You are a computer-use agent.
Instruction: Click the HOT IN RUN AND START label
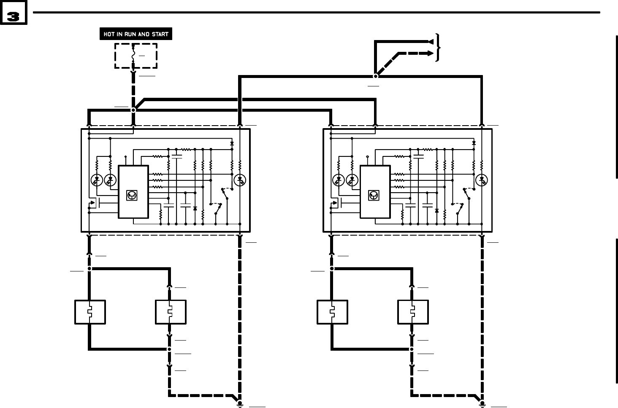(136, 34)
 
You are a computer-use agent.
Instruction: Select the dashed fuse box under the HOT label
(136, 56)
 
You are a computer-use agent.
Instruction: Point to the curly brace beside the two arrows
(439, 47)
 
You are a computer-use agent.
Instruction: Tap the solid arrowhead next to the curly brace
(431, 41)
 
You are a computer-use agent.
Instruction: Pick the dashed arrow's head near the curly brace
(431, 53)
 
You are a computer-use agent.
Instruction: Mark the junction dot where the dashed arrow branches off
(375, 76)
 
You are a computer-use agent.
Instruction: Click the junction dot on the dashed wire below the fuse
(133, 110)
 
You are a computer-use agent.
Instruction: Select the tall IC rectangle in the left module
(133, 192)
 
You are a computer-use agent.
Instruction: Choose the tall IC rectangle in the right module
(375, 192)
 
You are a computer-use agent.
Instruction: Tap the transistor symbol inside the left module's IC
(132, 195)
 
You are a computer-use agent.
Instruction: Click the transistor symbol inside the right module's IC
(374, 195)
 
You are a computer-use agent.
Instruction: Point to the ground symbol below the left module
(240, 404)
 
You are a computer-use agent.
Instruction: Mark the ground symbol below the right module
(482, 404)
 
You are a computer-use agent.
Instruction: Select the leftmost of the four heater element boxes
(90, 312)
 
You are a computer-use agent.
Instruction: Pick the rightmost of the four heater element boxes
(413, 312)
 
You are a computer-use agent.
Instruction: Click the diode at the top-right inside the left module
(232, 144)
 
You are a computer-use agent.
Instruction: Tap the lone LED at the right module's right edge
(482, 180)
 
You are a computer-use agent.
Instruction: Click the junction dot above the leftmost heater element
(89, 268)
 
